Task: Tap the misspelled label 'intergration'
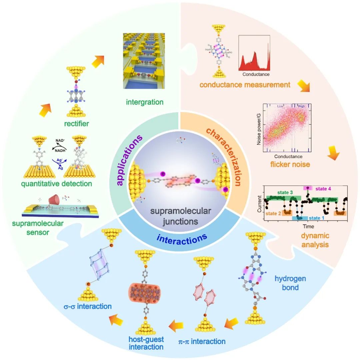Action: (x=145, y=102)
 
